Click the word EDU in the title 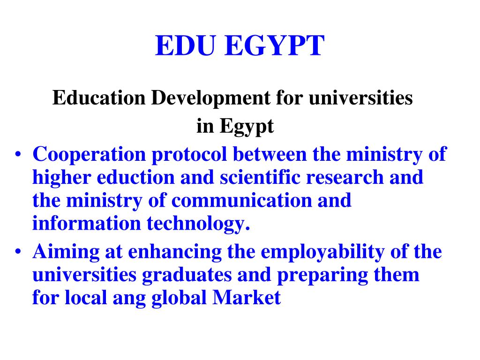coord(187,46)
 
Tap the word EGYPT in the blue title coord(274,46)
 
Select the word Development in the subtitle coord(211,98)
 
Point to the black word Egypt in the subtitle coord(247,127)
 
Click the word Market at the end coord(247,298)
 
